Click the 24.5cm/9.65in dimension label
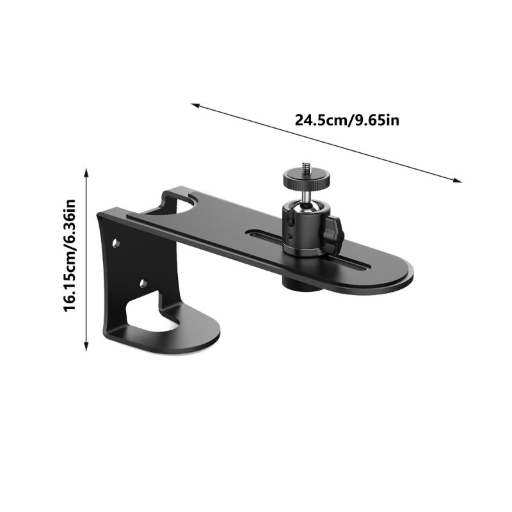[x=347, y=120]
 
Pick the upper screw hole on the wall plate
[x=115, y=244]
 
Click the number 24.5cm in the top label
[x=319, y=120]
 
